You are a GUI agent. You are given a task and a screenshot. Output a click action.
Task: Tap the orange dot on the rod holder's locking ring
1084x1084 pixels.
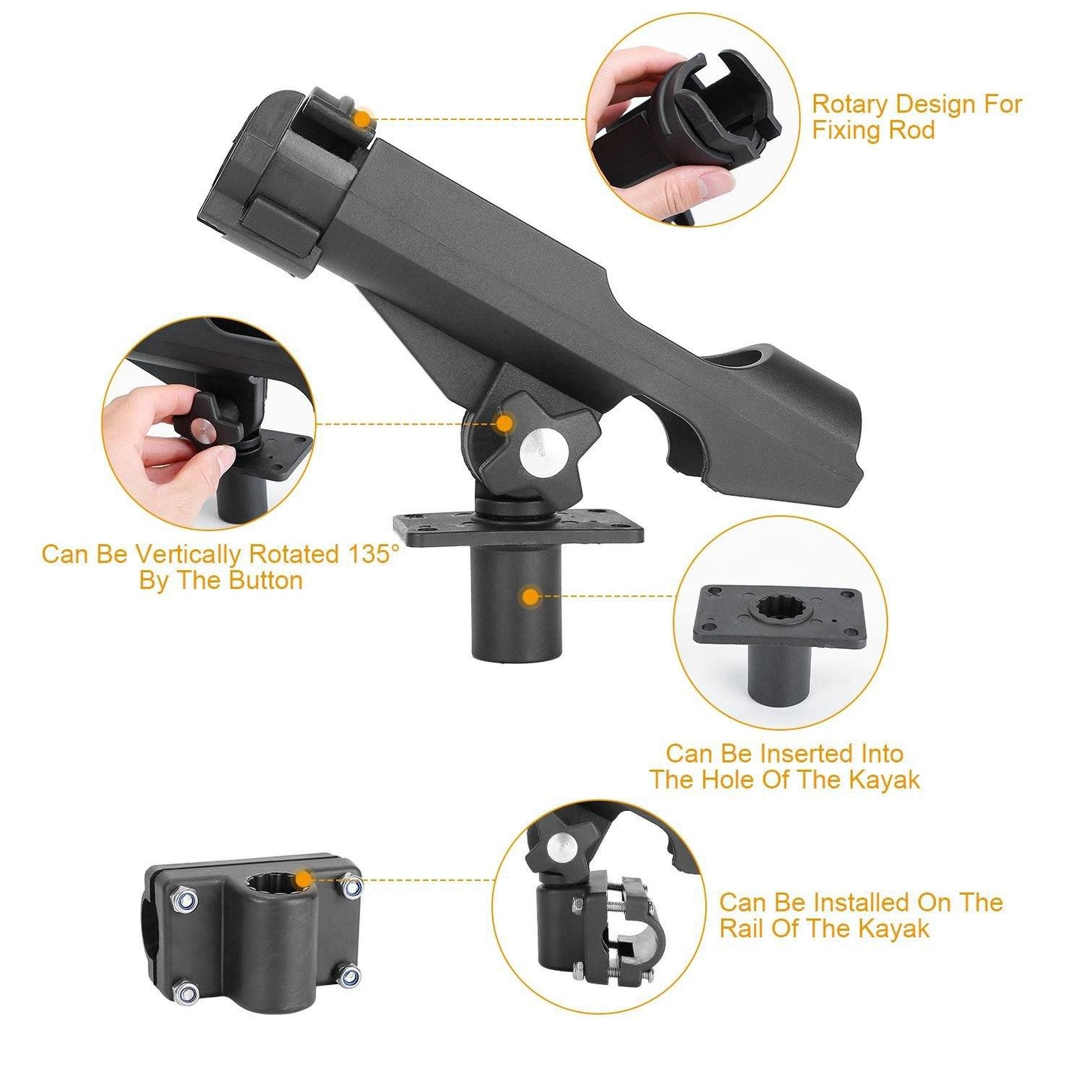coord(363,119)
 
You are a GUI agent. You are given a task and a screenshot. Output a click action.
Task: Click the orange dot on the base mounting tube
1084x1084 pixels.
coord(530,597)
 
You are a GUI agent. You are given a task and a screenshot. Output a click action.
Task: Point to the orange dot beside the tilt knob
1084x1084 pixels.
coord(505,424)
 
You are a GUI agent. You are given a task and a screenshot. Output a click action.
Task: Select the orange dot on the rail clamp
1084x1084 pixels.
coord(303,879)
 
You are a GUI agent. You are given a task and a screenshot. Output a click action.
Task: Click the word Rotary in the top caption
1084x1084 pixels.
coord(851,104)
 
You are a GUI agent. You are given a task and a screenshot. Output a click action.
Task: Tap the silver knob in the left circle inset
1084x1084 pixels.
coord(200,429)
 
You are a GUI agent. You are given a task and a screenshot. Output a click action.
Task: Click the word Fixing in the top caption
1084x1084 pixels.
coord(847,131)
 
